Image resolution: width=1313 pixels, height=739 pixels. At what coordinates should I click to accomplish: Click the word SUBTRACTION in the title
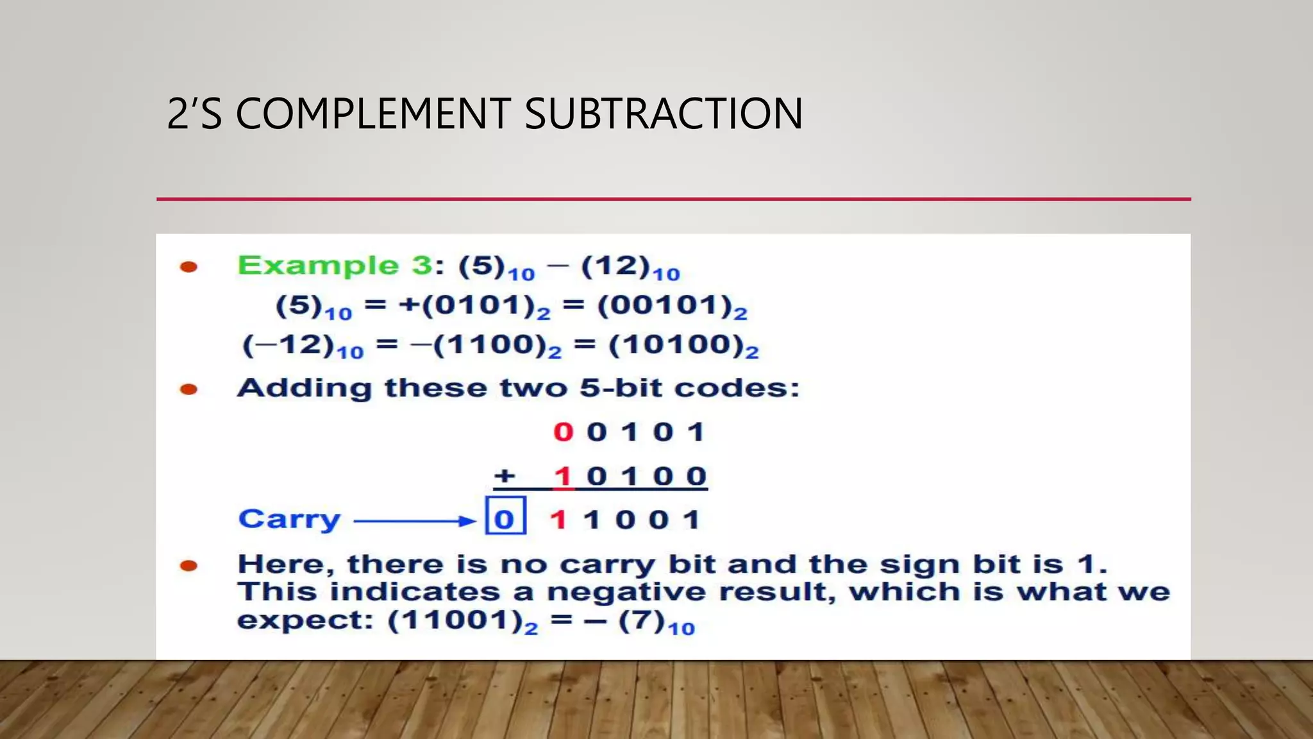pos(664,114)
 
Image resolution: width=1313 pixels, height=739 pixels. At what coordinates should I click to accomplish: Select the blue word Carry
pos(289,519)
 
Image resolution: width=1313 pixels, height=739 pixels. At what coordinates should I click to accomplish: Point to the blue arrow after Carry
pos(414,521)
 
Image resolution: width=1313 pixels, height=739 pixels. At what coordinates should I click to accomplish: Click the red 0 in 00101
pos(563,432)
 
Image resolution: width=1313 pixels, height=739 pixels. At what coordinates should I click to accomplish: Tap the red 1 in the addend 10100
pos(563,477)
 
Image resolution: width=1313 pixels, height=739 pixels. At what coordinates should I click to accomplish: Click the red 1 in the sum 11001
pos(558,520)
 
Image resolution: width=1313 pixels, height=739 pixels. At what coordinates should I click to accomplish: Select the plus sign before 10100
pos(505,476)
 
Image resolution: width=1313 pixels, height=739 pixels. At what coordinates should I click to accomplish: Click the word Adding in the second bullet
pos(304,388)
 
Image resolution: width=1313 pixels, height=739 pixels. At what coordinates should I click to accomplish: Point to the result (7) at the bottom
pos(641,621)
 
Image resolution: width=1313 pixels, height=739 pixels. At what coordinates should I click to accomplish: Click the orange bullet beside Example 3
pos(188,267)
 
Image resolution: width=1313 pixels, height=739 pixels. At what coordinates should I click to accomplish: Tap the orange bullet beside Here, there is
pos(188,565)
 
